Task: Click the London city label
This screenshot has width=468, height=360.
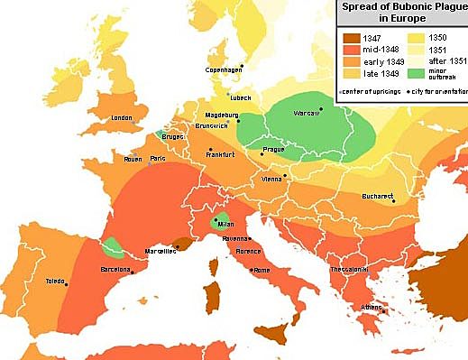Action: click(122, 118)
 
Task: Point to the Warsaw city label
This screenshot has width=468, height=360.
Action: click(309, 114)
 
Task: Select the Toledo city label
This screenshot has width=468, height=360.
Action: click(54, 282)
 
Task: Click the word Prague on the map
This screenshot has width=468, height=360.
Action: click(273, 149)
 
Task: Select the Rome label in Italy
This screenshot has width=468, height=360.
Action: click(261, 270)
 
